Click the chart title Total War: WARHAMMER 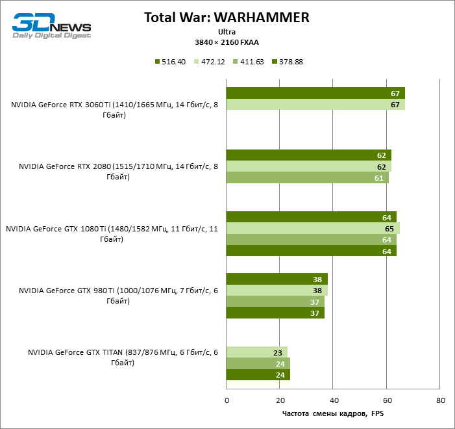point(227,17)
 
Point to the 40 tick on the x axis point(333,400)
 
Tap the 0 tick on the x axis point(227,400)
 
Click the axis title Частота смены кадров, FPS point(333,413)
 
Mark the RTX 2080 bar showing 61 point(308,177)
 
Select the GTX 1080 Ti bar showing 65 point(313,228)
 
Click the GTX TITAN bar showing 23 point(257,352)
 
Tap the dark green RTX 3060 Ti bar point(315,93)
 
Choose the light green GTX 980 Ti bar point(277,291)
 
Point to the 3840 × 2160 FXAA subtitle point(227,42)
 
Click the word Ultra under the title point(227,31)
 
